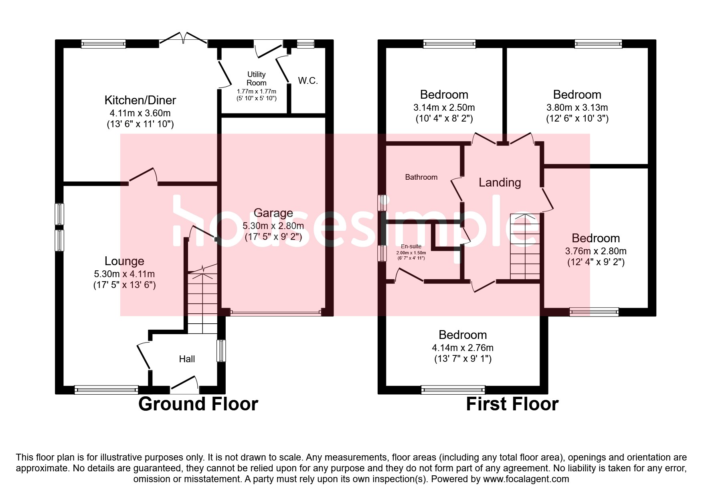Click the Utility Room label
[x=257, y=79]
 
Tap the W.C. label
[x=308, y=81]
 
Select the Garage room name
[x=273, y=213]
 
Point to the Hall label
[x=187, y=359]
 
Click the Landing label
[x=500, y=183]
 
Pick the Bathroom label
[x=421, y=177]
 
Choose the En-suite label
[x=411, y=246]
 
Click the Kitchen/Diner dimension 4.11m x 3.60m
[x=140, y=113]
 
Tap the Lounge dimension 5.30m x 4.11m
[x=124, y=274]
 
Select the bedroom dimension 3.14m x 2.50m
[x=444, y=108]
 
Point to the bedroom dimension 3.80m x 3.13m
[x=577, y=108]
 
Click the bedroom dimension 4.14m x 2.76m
[x=463, y=348]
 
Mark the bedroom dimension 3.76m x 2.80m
[x=596, y=251]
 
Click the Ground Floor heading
[x=198, y=404]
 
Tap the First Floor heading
[x=512, y=404]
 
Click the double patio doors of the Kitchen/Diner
[x=184, y=39]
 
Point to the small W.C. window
[x=305, y=44]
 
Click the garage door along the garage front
[x=276, y=312]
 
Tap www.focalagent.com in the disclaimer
[x=526, y=479]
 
